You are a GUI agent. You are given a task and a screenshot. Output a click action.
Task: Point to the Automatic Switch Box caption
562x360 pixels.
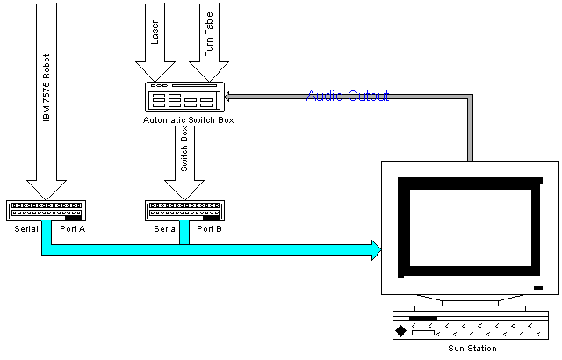coord(188,119)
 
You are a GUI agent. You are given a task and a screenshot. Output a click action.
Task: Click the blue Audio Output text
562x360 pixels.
coord(347,96)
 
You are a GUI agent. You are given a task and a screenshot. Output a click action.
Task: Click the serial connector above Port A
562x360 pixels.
coord(47,211)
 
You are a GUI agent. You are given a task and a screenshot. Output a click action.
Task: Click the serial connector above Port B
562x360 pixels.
coord(183,211)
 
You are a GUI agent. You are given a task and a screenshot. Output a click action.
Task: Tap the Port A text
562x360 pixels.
coord(72,229)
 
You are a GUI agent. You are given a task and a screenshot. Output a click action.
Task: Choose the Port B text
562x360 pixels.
coord(208,229)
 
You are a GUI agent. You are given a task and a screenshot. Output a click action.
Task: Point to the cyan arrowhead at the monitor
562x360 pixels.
coord(376,250)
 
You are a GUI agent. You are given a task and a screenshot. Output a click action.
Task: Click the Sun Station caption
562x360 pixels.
coord(472,349)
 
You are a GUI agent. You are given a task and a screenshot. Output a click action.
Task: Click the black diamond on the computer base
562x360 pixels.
coord(401,330)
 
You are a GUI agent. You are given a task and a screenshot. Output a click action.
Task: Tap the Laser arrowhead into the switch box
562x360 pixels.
coord(155,71)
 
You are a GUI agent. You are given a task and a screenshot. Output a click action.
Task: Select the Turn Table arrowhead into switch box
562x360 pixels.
coord(209,71)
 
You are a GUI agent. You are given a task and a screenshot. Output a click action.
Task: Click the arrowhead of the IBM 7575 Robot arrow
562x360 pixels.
coord(47,188)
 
